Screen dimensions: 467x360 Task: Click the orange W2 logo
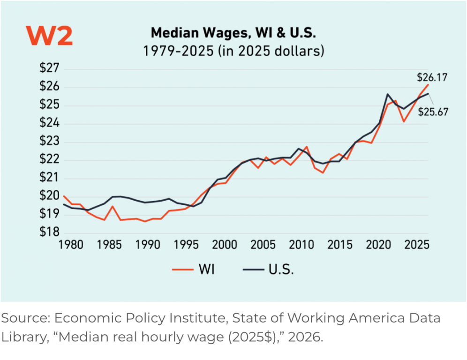tap(49, 36)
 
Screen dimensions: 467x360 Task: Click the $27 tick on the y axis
tap(49, 68)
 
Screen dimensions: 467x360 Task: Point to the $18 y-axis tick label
tap(49, 232)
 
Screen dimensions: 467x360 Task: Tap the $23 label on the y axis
tap(49, 141)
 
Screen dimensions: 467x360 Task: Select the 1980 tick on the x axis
tap(71, 245)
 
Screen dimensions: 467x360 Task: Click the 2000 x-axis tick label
tap(225, 245)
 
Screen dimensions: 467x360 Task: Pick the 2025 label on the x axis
tap(417, 245)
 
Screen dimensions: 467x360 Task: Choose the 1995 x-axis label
tap(186, 245)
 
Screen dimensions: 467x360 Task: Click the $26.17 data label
tap(432, 77)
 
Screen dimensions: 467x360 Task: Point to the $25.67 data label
tap(433, 112)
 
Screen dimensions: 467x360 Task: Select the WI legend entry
tap(193, 270)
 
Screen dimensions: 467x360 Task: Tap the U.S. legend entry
tap(268, 270)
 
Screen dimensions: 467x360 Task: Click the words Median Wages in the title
tap(199, 33)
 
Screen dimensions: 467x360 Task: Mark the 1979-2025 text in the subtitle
tap(178, 51)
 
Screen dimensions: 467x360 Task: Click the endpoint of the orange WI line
tap(428, 84)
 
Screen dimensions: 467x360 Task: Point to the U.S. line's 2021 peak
tap(387, 94)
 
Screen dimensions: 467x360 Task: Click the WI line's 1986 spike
tap(113, 206)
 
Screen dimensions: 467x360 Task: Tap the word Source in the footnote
tap(26, 318)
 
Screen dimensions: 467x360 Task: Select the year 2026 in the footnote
tap(305, 337)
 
